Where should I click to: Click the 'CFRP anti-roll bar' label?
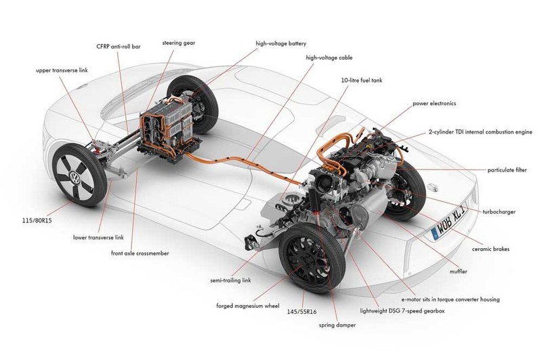click(x=119, y=46)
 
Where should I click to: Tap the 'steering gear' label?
click(x=179, y=43)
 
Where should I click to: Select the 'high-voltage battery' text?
click(x=281, y=43)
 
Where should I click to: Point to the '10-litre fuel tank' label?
click(x=362, y=80)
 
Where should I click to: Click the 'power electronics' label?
click(x=434, y=104)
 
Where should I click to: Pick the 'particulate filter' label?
click(x=507, y=169)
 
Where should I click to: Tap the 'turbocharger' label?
click(x=499, y=212)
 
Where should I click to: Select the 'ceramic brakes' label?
click(x=491, y=249)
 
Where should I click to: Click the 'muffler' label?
click(x=459, y=271)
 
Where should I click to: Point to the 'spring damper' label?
click(x=337, y=325)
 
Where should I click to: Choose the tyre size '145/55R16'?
click(x=301, y=312)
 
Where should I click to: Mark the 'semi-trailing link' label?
click(x=230, y=281)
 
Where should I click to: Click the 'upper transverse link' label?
click(x=62, y=71)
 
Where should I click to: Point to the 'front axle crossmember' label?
click(x=140, y=253)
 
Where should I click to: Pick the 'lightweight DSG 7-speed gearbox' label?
click(x=402, y=311)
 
